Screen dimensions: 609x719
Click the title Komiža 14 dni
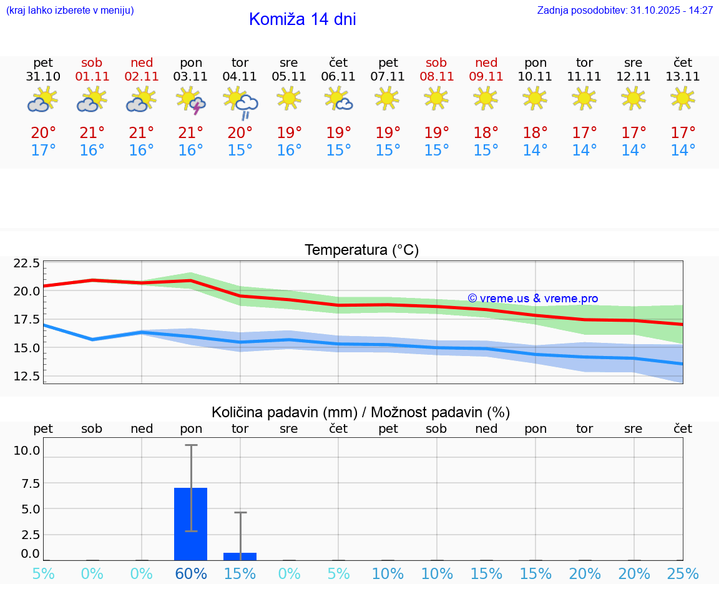click(x=302, y=19)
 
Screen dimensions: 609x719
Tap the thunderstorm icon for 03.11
click(x=191, y=101)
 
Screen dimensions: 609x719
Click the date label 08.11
click(x=436, y=77)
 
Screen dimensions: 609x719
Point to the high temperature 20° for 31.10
click(x=43, y=133)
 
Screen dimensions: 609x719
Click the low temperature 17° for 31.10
click(x=43, y=151)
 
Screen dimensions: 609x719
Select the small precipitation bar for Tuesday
click(x=240, y=556)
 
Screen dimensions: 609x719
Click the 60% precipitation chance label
click(x=191, y=574)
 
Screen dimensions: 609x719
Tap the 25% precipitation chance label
click(x=683, y=574)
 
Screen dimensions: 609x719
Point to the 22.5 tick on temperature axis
click(x=27, y=263)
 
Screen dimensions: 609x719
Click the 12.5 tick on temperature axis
click(x=27, y=376)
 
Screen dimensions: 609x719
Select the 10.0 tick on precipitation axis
click(x=27, y=450)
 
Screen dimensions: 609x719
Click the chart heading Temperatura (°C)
click(x=361, y=250)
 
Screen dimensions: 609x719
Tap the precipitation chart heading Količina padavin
click(x=361, y=412)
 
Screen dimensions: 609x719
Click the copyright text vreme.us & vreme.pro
click(x=533, y=299)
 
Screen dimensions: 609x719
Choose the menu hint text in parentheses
click(x=70, y=11)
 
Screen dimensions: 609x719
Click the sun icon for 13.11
click(x=683, y=98)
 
